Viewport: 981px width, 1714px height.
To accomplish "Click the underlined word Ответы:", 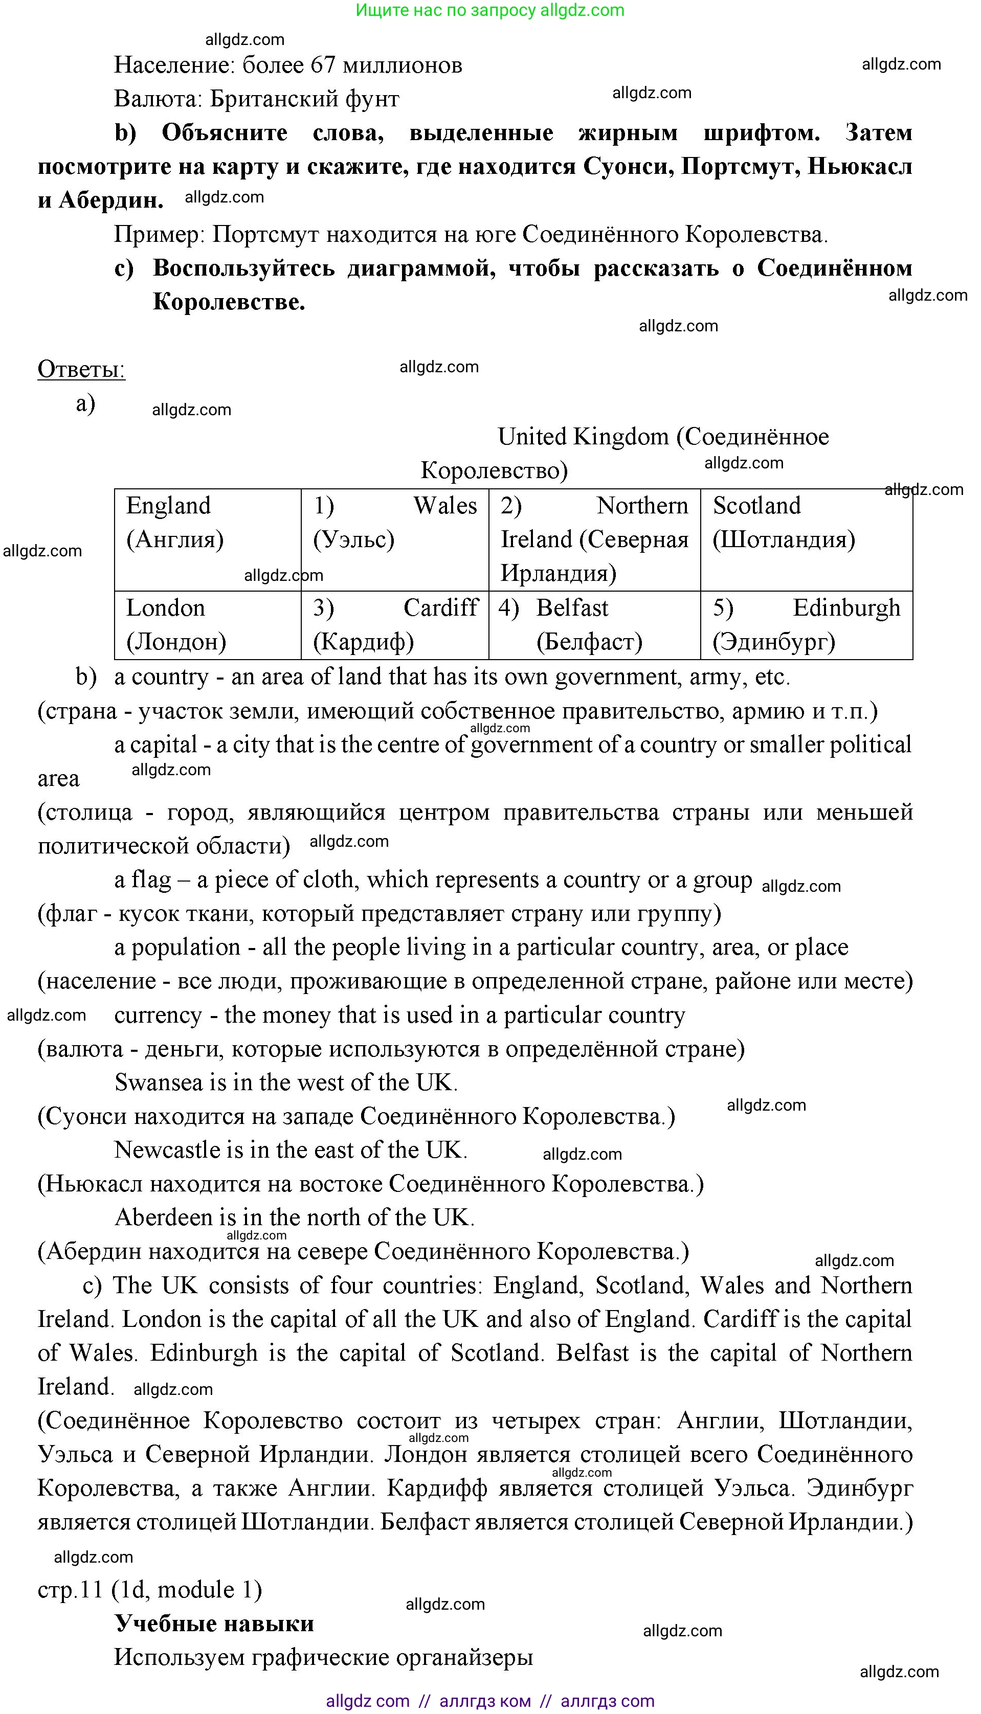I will click(x=81, y=370).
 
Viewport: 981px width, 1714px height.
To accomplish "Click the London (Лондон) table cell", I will click(x=208, y=625).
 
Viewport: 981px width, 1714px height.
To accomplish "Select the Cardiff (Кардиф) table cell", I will click(x=395, y=625).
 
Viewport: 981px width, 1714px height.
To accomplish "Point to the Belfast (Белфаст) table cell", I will click(x=594, y=625).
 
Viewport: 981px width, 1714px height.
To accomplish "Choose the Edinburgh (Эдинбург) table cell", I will click(x=806, y=625).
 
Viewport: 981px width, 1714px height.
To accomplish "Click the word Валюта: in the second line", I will click(x=159, y=99).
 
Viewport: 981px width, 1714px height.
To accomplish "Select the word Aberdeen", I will click(x=166, y=1217).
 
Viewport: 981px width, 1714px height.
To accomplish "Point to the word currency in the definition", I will click(x=158, y=1016).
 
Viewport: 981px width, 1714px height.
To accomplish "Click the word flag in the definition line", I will click(x=151, y=880).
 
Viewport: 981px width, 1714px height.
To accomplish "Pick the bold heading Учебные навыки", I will click(x=214, y=1624).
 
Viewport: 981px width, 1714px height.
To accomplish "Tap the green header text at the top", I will click(x=490, y=10).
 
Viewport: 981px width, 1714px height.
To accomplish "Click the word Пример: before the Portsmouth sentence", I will click(x=159, y=234).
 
